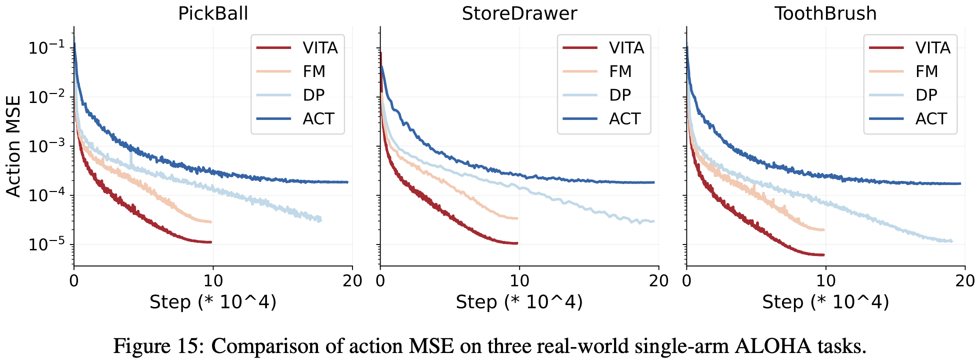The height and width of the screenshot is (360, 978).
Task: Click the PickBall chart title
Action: pos(213,13)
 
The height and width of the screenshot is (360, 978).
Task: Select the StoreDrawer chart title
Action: pos(519,13)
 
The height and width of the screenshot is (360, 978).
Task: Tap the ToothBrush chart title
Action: pos(825,13)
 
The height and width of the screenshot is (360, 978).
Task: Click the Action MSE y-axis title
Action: pos(13,146)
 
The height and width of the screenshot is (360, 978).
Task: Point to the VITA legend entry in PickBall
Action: pos(320,48)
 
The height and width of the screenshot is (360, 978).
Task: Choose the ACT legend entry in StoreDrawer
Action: pos(625,119)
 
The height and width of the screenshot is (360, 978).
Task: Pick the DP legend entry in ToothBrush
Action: pos(926,95)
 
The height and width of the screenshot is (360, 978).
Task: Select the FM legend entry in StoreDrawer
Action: pos(620,71)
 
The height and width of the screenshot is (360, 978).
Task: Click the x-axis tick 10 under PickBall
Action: pos(213,280)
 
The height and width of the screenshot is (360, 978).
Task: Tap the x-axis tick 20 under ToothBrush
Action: pos(964,280)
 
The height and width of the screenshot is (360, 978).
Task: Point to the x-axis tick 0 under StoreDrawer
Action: pos(380,280)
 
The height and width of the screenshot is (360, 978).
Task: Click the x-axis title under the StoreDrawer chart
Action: pos(519,302)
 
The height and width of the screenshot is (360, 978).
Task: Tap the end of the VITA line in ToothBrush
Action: pos(823,255)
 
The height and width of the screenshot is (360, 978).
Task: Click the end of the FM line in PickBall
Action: pos(211,221)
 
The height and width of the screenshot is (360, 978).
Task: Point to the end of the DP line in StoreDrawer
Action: pos(653,221)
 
